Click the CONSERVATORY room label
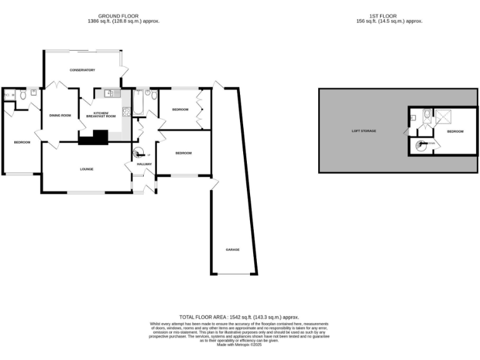point(82,70)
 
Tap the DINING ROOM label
point(60,115)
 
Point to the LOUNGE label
point(86,169)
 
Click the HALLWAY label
point(136,164)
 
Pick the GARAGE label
point(232,249)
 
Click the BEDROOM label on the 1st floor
point(455,131)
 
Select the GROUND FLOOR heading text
point(124,16)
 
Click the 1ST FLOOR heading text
point(386,16)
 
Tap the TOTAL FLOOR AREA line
point(239,317)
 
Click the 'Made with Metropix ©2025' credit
point(239,344)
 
